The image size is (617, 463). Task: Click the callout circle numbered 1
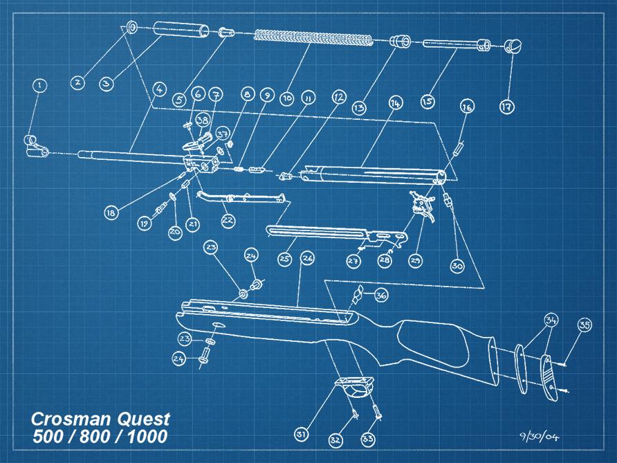pos(40,86)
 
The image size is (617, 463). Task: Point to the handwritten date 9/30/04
pos(538,437)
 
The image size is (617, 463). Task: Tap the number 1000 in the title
pos(147,437)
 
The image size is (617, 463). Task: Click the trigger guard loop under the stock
pos(358,388)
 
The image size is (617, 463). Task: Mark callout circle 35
pos(585,325)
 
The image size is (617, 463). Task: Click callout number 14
pos(394,103)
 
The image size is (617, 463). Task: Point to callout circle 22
pos(228,220)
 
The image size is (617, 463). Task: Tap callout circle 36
pos(381,295)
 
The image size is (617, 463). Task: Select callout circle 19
pos(145,224)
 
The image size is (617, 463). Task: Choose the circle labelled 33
pos(367,439)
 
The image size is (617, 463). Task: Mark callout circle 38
pos(203,120)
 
